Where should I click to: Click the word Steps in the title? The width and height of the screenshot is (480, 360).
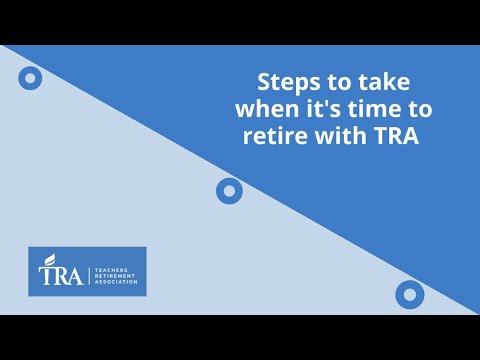pyautogui.click(x=284, y=81)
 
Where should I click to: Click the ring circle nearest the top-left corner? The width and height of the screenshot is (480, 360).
pyautogui.click(x=30, y=77)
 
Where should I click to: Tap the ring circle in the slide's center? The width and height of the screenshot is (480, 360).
pyautogui.click(x=229, y=190)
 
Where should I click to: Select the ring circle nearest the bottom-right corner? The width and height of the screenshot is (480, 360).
pyautogui.click(x=409, y=294)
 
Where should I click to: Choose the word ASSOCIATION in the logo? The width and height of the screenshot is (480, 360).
pyautogui.click(x=116, y=282)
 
